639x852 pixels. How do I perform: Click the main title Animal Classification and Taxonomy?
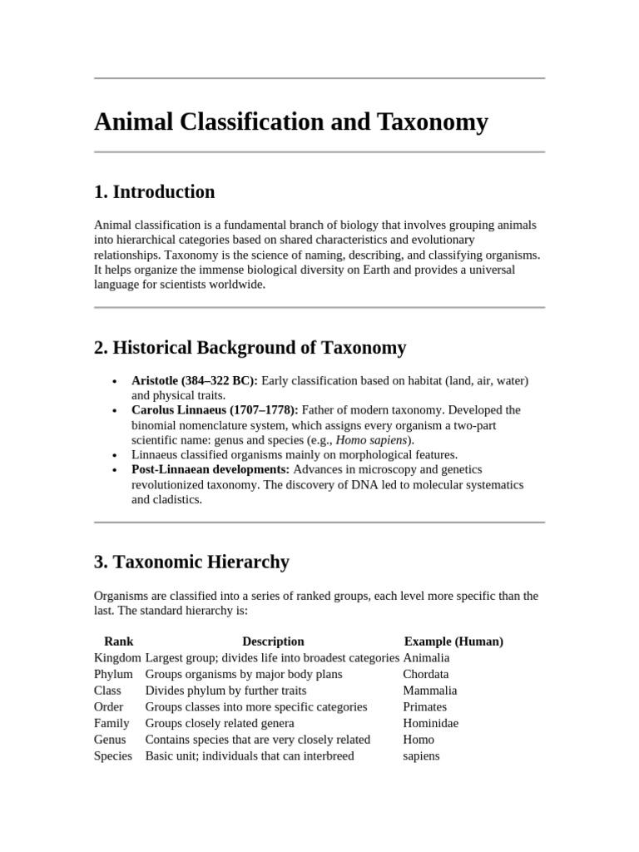coord(291,122)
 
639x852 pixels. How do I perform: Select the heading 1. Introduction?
coord(155,192)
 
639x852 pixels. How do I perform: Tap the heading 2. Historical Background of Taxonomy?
coord(250,348)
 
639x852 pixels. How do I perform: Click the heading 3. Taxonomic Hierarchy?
coord(192,562)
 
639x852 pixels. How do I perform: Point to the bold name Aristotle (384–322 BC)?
coord(195,380)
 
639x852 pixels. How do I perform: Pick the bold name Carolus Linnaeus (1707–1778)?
coord(215,410)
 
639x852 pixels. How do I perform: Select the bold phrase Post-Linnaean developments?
coord(211,470)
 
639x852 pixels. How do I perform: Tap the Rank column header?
coord(119,641)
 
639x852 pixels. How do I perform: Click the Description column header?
coord(273,641)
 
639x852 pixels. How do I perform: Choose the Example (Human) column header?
coord(453,641)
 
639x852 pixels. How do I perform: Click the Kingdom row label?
coord(117,658)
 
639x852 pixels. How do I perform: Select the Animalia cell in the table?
coord(426,658)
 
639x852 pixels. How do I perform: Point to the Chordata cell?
coord(426,674)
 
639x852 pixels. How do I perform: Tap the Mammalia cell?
coord(430,691)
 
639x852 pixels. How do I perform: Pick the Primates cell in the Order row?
coord(424,707)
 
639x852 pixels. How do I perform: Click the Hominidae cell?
coord(430,723)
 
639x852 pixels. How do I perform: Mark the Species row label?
coord(113,756)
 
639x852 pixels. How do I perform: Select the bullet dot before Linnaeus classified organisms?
coord(113,456)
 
